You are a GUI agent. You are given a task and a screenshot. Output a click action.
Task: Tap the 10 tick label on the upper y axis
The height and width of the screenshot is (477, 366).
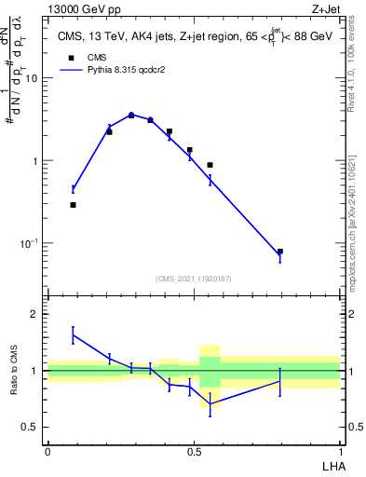coord(34,78)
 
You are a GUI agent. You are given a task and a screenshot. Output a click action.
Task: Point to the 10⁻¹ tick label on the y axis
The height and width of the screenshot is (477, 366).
coord(32,243)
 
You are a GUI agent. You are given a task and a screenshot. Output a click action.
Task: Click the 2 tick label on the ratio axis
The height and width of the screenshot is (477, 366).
coord(35,314)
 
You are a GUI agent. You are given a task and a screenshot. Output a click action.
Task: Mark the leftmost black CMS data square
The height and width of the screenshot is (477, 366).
coord(73,204)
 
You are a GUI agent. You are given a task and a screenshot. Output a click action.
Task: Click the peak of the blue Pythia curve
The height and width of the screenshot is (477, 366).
coord(131,115)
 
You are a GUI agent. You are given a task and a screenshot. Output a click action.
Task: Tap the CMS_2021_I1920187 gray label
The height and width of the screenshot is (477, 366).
coord(194,279)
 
